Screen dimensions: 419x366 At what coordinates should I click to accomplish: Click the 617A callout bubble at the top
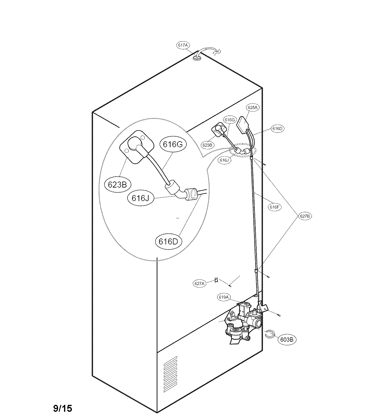pyautogui.click(x=183, y=45)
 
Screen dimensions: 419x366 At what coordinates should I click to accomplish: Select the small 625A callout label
pyautogui.click(x=252, y=107)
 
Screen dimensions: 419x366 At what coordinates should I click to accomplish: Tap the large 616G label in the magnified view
pyautogui.click(x=173, y=144)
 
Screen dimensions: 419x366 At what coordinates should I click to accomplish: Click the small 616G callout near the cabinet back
pyautogui.click(x=229, y=120)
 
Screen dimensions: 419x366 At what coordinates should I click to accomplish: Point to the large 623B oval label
pyautogui.click(x=117, y=185)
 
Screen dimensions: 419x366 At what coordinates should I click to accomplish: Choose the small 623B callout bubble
pyautogui.click(x=208, y=145)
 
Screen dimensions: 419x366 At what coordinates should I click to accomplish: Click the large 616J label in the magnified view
pyautogui.click(x=140, y=198)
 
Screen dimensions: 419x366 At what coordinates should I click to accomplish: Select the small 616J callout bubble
pyautogui.click(x=224, y=160)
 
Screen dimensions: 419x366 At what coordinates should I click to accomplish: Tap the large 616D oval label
pyautogui.click(x=168, y=241)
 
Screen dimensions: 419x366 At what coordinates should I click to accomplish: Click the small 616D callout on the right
pyautogui.click(x=277, y=129)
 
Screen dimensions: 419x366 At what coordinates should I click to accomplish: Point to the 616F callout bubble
pyautogui.click(x=274, y=207)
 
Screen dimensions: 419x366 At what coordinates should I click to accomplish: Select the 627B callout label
pyautogui.click(x=305, y=216)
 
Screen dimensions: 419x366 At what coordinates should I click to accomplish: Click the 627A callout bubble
pyautogui.click(x=199, y=283)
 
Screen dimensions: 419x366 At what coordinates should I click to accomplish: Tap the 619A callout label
pyautogui.click(x=224, y=297)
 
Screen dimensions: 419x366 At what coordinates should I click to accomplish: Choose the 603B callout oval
pyautogui.click(x=286, y=339)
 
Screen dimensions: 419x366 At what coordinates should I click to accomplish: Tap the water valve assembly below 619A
pyautogui.click(x=244, y=324)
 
